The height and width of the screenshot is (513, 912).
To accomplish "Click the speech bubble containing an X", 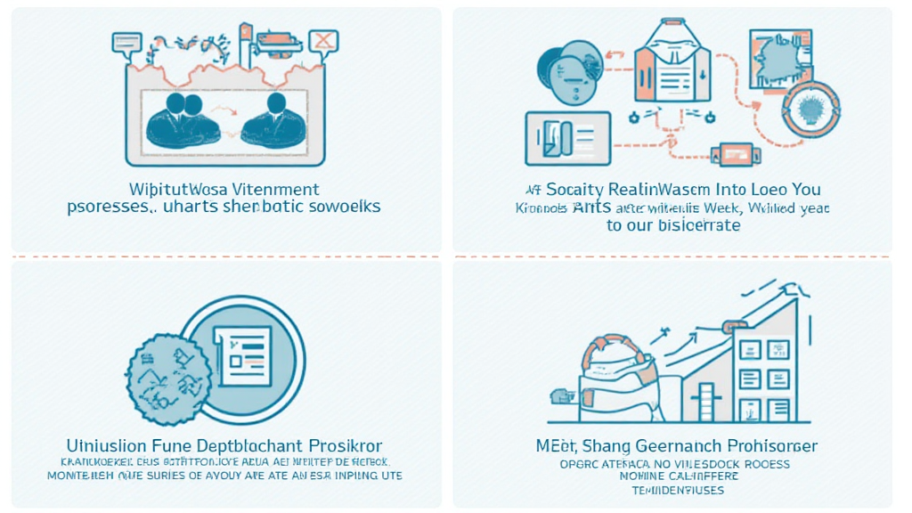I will coord(323,40).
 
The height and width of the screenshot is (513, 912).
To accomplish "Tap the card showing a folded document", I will coord(567,138).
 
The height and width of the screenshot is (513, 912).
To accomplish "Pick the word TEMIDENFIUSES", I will coord(679,490).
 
